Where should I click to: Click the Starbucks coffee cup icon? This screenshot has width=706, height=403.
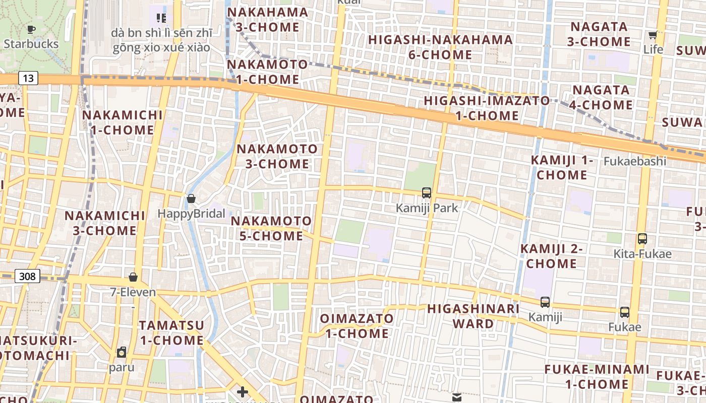click(x=31, y=29)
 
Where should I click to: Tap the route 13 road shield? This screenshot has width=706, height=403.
click(x=28, y=78)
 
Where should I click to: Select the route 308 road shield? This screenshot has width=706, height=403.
click(x=28, y=276)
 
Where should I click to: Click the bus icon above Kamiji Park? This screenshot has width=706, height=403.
click(x=427, y=192)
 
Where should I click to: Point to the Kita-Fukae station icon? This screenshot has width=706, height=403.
click(x=642, y=239)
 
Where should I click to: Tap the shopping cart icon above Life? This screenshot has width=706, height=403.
click(x=653, y=35)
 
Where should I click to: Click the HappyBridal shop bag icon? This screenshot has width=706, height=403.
click(x=191, y=198)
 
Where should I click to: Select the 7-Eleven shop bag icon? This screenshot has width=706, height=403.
click(x=133, y=277)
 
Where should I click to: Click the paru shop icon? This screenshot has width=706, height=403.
click(x=122, y=352)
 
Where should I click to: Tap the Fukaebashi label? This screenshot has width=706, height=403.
click(x=635, y=162)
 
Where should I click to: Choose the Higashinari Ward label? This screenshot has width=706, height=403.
click(x=473, y=316)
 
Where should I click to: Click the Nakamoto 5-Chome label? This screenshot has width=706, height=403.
click(x=271, y=228)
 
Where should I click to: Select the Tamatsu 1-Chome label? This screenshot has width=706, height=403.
click(x=171, y=332)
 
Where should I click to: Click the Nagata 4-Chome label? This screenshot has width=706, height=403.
click(x=601, y=97)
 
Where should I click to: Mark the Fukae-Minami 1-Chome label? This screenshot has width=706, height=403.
click(x=597, y=377)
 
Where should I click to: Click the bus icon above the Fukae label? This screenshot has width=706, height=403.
click(x=625, y=312)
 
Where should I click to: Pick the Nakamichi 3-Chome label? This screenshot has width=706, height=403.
click(x=105, y=223)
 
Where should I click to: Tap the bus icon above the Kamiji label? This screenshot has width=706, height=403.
click(x=545, y=302)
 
